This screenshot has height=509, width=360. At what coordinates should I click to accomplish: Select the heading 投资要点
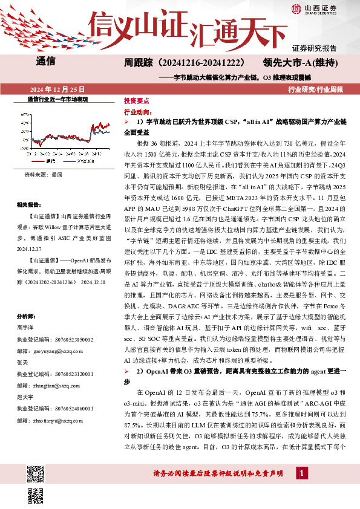(x=135, y=101)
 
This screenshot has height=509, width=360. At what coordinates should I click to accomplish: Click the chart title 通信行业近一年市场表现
(x=58, y=99)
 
